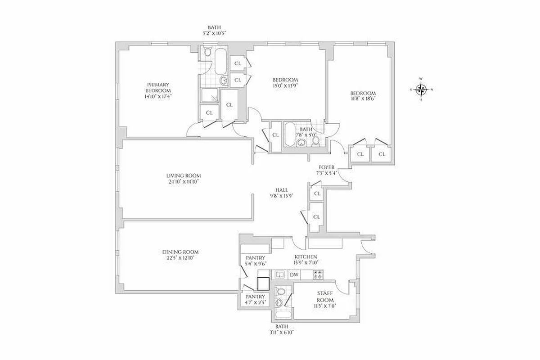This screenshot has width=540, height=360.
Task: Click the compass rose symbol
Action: (x=421, y=89)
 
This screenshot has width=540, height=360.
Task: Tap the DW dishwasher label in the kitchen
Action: (x=294, y=274)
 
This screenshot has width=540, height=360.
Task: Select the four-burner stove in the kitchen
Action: (x=317, y=274)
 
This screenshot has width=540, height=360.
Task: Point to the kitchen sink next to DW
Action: (x=279, y=274)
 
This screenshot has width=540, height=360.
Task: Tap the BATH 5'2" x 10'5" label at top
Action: (x=214, y=30)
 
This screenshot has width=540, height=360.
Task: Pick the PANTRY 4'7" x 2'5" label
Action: (x=255, y=300)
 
